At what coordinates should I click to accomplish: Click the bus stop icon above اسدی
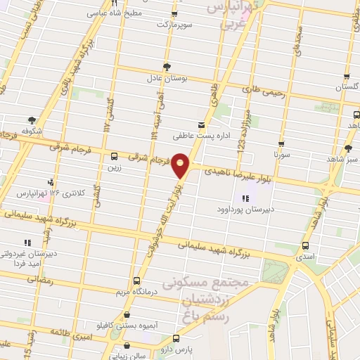[305, 246]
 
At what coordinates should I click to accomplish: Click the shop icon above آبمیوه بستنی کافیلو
[126, 315]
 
